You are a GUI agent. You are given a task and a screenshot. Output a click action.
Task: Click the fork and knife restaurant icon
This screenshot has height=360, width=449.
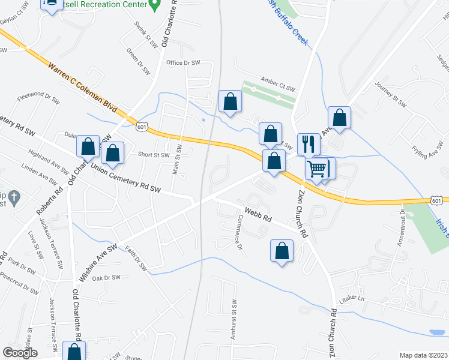[309, 144]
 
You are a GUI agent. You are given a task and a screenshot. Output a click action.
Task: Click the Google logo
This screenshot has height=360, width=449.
[20, 353]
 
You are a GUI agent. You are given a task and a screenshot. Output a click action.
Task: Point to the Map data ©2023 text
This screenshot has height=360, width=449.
[423, 355]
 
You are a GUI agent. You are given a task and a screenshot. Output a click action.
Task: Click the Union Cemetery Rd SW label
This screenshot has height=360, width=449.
[126, 178]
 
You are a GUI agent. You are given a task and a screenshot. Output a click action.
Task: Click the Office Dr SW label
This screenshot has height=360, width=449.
[183, 62]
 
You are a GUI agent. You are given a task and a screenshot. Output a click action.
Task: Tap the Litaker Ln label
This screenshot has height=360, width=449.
[352, 298]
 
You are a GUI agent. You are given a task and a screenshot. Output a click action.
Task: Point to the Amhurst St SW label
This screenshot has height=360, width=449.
[235, 320]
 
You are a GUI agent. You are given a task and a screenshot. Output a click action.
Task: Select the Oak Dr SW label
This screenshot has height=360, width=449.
[107, 277]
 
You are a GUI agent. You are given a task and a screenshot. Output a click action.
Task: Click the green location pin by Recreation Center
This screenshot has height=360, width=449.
[154, 5]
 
